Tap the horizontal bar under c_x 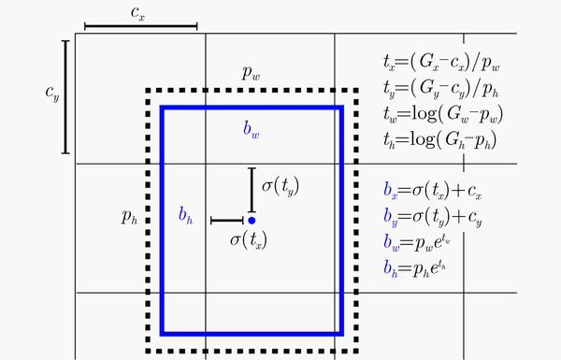pyautogui.click(x=141, y=27)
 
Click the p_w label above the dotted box pyautogui.click(x=251, y=71)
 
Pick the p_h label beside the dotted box pyautogui.click(x=130, y=217)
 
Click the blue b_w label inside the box pyautogui.click(x=251, y=131)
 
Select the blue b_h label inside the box pyautogui.click(x=185, y=216)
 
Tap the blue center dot pyautogui.click(x=252, y=220)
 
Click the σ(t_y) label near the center pyautogui.click(x=282, y=185)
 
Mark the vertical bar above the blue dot pyautogui.click(x=252, y=189)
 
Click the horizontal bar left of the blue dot pyautogui.click(x=227, y=221)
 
